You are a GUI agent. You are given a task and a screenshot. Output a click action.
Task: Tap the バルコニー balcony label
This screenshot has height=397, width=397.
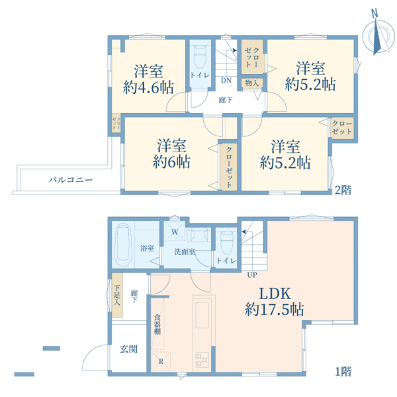click(70, 180)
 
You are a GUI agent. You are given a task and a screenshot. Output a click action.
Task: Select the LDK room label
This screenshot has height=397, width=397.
click(275, 294)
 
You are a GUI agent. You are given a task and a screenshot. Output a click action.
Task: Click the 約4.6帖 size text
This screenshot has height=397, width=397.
click(148, 87)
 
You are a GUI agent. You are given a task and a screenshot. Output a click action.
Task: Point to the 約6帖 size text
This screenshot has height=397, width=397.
click(171, 161)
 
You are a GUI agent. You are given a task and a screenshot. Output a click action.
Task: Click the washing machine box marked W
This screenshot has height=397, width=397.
click(175, 232)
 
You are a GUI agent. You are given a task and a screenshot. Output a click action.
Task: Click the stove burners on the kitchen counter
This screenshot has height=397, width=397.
click(202, 360)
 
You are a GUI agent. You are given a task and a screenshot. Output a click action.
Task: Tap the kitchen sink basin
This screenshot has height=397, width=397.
click(202, 315)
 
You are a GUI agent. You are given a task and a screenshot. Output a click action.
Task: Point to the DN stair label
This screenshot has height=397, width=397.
click(226, 81)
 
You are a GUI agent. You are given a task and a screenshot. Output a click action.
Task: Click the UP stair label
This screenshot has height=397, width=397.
click(252, 275)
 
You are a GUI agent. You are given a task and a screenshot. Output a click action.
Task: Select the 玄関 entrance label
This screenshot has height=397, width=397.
click(128, 349)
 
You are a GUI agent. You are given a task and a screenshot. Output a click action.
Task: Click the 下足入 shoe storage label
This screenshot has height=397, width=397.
click(116, 295)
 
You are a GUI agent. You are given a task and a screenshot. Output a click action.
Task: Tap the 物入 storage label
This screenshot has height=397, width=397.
click(251, 83)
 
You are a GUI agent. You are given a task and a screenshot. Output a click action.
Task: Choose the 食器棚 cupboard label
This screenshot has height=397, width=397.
click(157, 324)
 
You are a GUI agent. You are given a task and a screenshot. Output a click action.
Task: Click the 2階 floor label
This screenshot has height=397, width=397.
click(343, 190)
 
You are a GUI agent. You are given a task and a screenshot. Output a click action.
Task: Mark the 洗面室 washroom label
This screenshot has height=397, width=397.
click(185, 251)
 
